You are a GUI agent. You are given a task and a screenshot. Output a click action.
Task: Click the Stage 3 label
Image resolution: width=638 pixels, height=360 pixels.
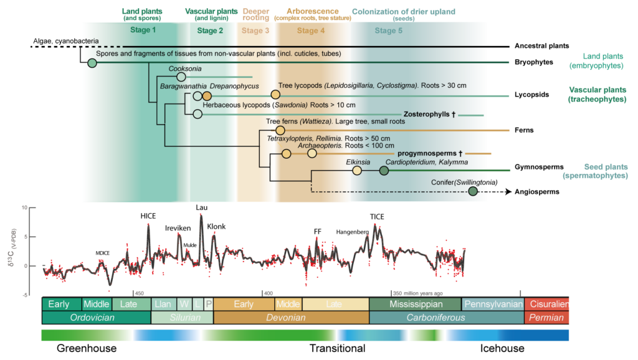point(255,31)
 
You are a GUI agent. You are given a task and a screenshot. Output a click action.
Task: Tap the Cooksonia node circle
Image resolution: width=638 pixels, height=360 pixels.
point(181,77)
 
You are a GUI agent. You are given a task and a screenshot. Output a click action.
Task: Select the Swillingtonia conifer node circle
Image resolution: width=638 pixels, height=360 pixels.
point(472,191)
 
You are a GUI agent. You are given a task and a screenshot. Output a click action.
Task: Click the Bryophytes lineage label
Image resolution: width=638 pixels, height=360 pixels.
point(534,62)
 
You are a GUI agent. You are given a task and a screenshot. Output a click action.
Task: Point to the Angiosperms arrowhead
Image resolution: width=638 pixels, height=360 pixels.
point(508,192)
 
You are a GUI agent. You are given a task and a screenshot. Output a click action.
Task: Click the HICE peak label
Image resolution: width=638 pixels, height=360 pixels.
point(148,216)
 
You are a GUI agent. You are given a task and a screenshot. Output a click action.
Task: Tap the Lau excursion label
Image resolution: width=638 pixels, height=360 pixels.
point(201,207)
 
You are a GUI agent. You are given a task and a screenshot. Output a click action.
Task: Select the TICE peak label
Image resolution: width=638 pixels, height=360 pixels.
point(377,217)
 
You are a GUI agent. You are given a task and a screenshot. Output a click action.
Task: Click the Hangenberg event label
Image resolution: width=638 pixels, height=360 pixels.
point(353,232)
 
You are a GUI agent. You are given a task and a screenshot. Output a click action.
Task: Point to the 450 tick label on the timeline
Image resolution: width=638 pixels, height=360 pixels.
point(139,293)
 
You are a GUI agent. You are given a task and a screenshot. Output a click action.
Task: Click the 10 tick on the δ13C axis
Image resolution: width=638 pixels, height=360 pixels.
point(24,207)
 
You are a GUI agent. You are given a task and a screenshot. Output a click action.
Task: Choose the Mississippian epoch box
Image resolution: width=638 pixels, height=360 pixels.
point(416,305)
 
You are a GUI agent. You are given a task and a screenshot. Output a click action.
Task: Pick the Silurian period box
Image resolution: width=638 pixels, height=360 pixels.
point(183,318)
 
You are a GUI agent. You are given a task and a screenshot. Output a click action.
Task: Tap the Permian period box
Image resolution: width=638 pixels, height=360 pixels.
point(546,318)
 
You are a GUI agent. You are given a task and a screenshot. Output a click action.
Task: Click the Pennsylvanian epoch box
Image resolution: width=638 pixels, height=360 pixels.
point(493,305)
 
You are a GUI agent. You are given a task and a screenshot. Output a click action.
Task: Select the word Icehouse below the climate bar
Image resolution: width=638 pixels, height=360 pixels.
point(502,348)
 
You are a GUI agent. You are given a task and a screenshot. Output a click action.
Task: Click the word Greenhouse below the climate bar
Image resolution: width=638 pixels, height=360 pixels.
point(87,348)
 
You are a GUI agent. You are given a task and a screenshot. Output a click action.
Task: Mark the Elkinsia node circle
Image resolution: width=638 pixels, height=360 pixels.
point(357,171)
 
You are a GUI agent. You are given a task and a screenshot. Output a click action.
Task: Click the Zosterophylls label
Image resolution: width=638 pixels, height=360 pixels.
point(429,115)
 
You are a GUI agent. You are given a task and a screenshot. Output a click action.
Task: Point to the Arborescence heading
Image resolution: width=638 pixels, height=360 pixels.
point(313,11)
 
